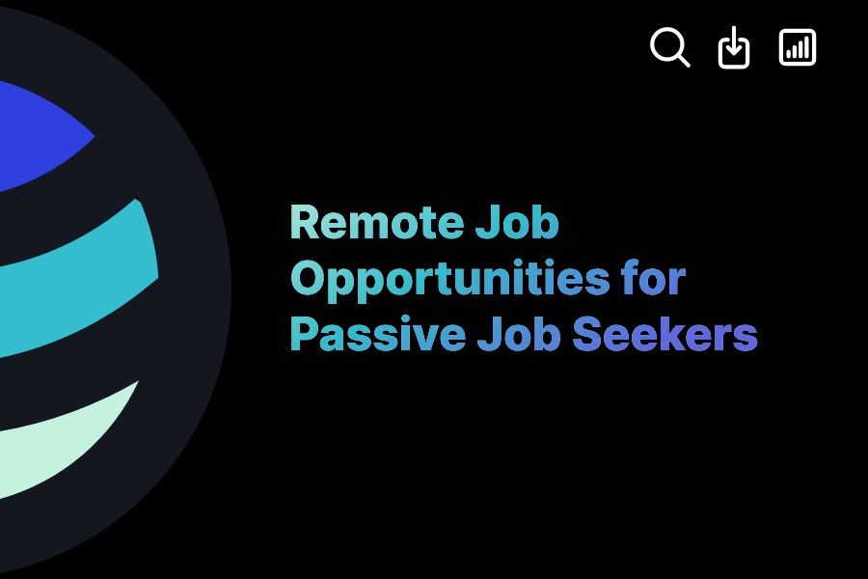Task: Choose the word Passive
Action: pyautogui.click(x=377, y=334)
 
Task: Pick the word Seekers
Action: pyautogui.click(x=665, y=334)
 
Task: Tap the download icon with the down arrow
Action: pyautogui.click(x=734, y=47)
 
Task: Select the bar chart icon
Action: pyautogui.click(x=798, y=47)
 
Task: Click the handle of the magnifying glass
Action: pyautogui.click(x=684, y=61)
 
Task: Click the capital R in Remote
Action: pyautogui.click(x=304, y=224)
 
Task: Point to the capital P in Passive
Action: pyautogui.click(x=304, y=334)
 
